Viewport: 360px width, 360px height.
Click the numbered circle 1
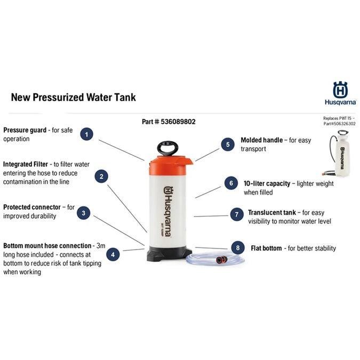(86, 134)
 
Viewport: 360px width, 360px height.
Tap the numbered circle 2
(102, 176)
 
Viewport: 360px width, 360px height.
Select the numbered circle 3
(83, 213)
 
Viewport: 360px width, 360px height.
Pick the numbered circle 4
(113, 254)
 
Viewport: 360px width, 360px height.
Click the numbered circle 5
(228, 144)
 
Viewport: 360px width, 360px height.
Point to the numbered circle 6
(230, 183)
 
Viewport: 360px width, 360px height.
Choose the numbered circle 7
(237, 214)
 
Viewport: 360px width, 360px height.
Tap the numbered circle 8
(237, 248)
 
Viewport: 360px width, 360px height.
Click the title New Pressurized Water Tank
(74, 97)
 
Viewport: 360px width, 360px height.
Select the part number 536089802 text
(169, 122)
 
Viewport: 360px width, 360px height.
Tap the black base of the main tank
(169, 253)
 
